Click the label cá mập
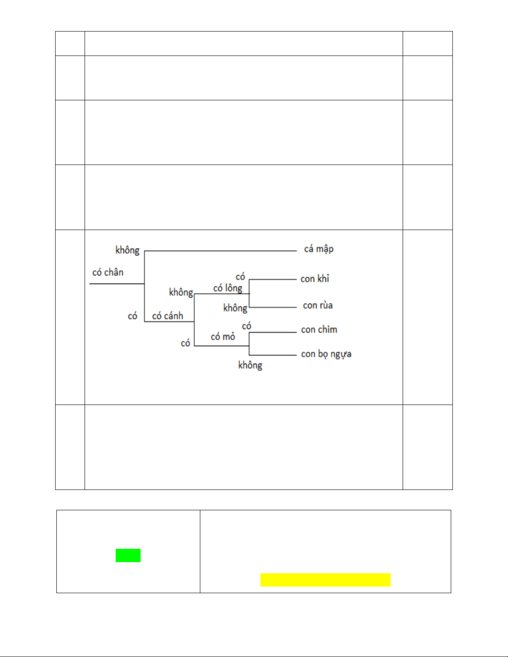coord(318,249)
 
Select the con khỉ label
coord(315,279)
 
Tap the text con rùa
coord(318,305)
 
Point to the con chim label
coord(319,330)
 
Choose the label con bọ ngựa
coord(326,354)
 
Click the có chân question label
coord(108,272)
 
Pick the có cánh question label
coord(168,316)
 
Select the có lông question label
coord(228,288)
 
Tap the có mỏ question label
coord(223,337)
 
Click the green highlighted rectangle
coord(128,555)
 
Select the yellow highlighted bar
coord(325,580)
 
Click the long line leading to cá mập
coord(220,251)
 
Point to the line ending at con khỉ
coord(272,280)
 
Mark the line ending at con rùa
coord(272,307)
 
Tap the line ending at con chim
coord(272,332)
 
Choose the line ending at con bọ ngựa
coord(272,355)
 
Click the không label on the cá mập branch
coord(127,250)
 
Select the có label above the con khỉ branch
coord(241,276)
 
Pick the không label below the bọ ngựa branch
coord(250,365)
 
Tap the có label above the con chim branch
coord(247,326)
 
